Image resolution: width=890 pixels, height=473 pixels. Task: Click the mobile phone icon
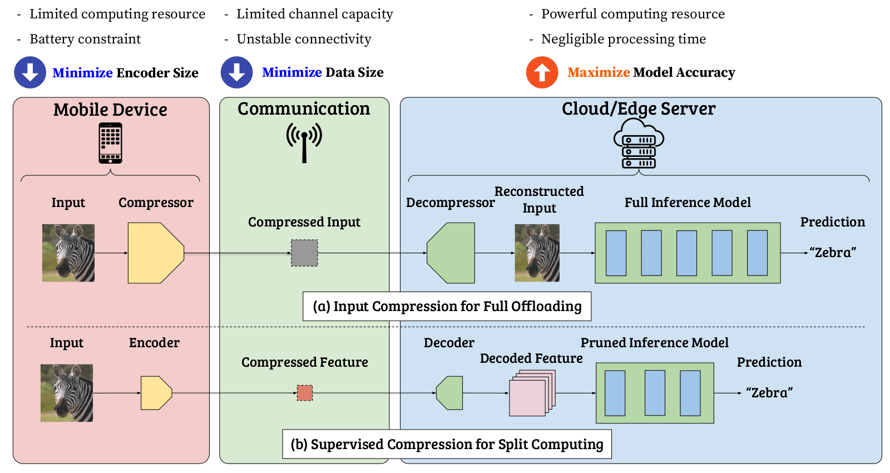[x=110, y=143]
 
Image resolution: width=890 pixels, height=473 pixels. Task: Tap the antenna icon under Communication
[x=304, y=142]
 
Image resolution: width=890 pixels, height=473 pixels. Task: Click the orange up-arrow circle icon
[x=542, y=72]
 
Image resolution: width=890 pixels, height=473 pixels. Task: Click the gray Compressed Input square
[x=304, y=253]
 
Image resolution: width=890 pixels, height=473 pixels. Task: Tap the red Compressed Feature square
[x=305, y=393]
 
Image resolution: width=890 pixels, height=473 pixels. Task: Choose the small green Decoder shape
[x=450, y=393]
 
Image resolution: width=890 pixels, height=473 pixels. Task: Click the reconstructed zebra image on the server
[x=537, y=253]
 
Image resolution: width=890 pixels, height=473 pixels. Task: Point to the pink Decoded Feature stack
[x=530, y=395]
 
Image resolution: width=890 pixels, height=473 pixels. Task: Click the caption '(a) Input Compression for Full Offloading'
[x=447, y=307]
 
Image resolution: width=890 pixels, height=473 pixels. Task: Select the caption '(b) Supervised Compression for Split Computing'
[x=447, y=444]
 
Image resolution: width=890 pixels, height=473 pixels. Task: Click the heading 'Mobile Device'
[x=110, y=110]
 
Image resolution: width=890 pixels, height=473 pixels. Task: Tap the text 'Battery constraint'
[x=85, y=39]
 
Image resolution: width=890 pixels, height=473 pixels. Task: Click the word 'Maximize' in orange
[x=598, y=72]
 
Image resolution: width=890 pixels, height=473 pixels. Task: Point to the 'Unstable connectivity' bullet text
[x=304, y=39]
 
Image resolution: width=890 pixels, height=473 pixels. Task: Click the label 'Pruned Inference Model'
[x=654, y=343]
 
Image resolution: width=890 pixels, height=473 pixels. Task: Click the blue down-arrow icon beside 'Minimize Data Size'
[x=236, y=72]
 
